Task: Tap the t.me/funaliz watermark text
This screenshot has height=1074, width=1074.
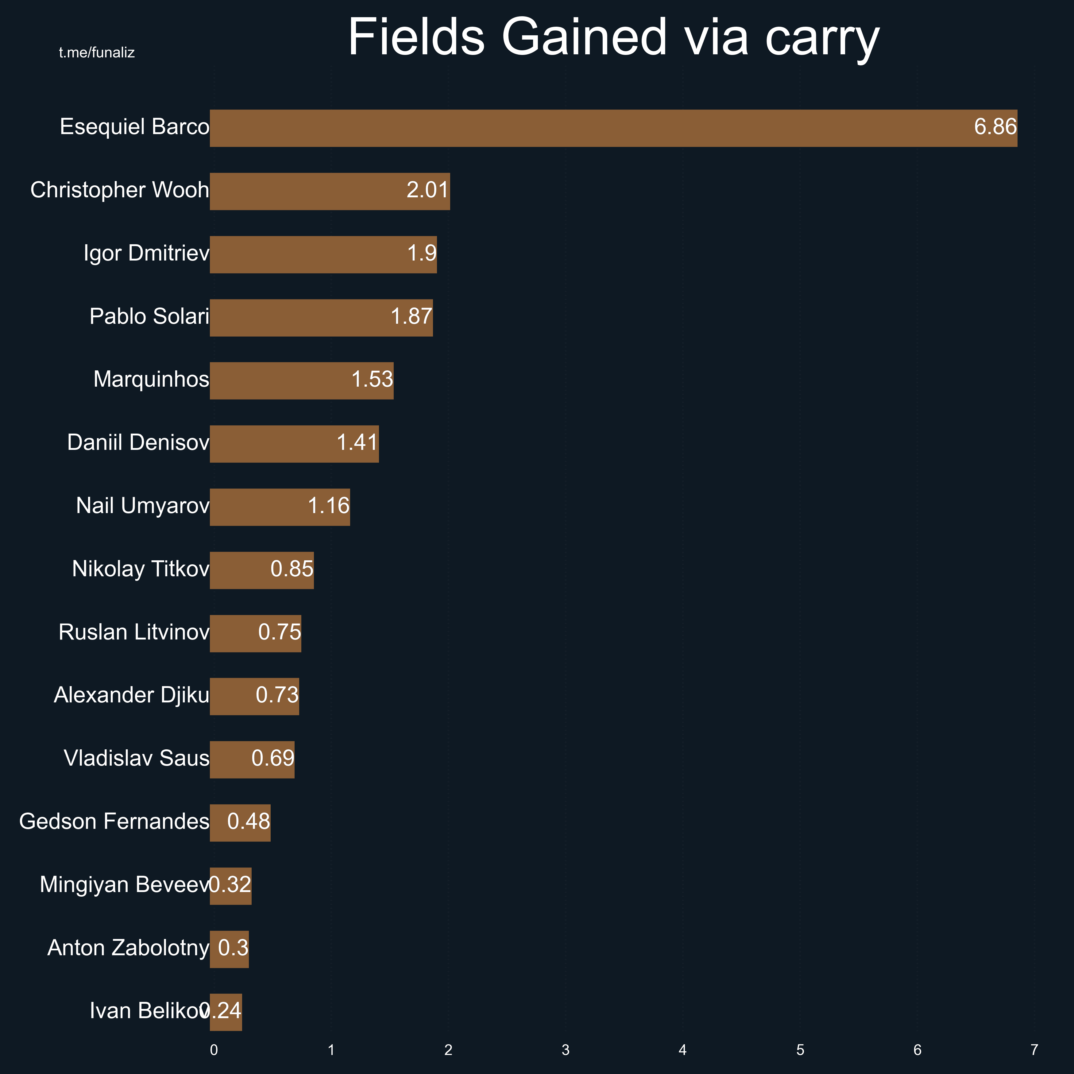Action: [97, 53]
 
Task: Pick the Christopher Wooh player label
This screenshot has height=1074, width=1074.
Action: [119, 190]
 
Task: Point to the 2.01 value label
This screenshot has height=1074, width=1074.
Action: [427, 190]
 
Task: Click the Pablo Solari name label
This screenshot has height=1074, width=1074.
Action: [149, 316]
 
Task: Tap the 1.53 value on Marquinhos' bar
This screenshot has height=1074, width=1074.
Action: [372, 380]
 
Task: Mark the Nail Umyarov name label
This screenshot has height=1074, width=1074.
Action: [143, 506]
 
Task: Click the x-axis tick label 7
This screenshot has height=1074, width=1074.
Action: [1034, 1049]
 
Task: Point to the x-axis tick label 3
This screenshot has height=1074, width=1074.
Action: [565, 1049]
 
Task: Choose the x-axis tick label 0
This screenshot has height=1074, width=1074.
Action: [214, 1049]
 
